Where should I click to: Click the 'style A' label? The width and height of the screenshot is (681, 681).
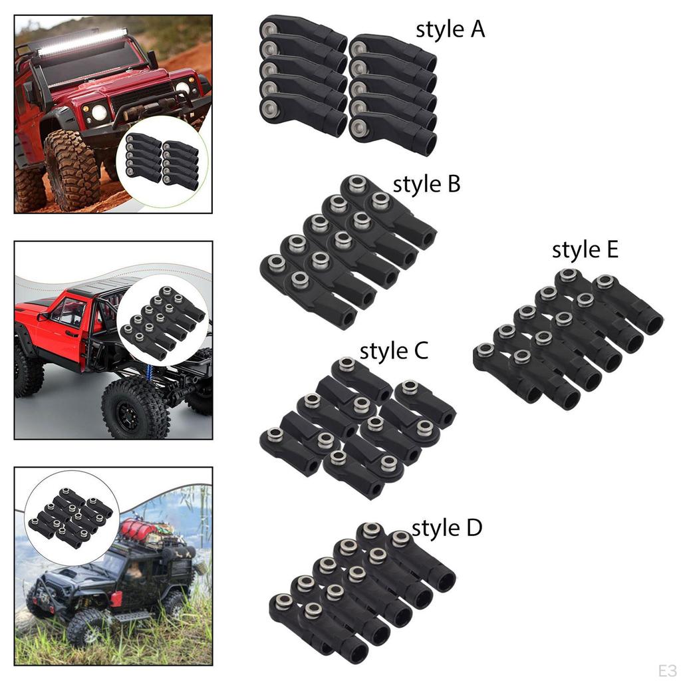pyautogui.click(x=450, y=29)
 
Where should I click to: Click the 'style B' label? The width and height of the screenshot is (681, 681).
pyautogui.click(x=426, y=184)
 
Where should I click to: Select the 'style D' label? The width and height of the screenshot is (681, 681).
pyautogui.click(x=446, y=529)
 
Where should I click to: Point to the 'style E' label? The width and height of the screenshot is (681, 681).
pyautogui.click(x=585, y=250)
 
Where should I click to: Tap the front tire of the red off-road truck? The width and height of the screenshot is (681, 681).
pyautogui.click(x=71, y=170)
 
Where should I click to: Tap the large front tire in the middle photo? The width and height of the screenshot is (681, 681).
pyautogui.click(x=136, y=408)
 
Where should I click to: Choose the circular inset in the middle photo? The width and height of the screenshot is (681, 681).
pyautogui.click(x=162, y=323)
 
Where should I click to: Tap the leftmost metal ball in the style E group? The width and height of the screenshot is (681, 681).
pyautogui.click(x=485, y=350)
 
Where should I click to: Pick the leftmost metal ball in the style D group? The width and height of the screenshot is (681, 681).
pyautogui.click(x=283, y=601)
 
